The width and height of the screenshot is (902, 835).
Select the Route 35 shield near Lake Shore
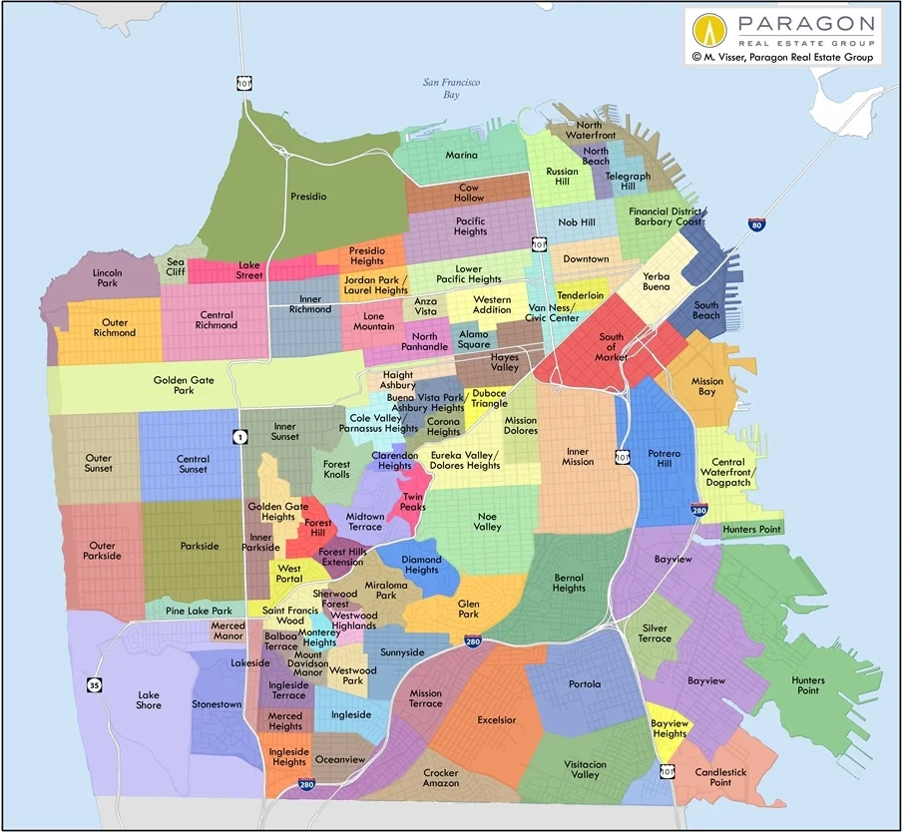(93, 685)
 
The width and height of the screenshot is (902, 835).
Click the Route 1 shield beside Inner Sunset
(239, 436)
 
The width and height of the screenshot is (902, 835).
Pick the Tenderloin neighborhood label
(580, 295)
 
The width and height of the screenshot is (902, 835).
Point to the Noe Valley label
(487, 521)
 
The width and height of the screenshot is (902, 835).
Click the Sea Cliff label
(176, 266)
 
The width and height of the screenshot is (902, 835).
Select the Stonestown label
(217, 704)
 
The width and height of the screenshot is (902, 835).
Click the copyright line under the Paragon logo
(783, 58)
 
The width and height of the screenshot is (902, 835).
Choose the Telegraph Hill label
(628, 182)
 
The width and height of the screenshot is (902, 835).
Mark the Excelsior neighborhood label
(497, 719)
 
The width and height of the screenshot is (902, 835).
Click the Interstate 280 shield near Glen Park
(473, 640)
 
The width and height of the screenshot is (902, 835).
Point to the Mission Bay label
(707, 387)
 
